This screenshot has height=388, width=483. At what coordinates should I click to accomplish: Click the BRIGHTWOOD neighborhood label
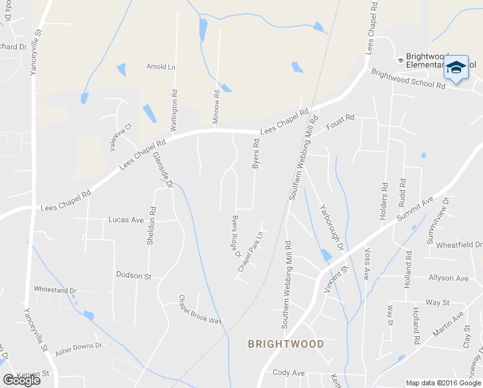point(286,344)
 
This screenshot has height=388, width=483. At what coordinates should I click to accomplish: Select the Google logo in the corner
point(21,380)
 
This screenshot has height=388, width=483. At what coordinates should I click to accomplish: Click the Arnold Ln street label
point(161,67)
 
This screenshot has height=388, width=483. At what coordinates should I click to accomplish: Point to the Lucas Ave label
point(126,220)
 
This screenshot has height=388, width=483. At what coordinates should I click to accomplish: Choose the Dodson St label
point(133,276)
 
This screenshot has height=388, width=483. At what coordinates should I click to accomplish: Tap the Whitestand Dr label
point(55,291)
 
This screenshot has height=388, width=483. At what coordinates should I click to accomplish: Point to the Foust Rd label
point(341,118)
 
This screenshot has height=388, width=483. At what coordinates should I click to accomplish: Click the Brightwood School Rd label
point(408,79)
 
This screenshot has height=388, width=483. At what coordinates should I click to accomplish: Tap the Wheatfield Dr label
point(459,245)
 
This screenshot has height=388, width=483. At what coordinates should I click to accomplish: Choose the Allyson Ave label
point(448,278)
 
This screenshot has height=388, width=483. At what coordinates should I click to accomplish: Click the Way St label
point(437,302)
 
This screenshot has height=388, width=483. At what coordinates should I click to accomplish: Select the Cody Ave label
point(289,373)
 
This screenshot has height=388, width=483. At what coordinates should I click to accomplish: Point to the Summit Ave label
point(415,211)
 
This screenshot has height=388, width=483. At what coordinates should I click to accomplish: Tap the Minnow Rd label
point(217,103)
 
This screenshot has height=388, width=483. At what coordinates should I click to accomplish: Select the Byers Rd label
point(256,154)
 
